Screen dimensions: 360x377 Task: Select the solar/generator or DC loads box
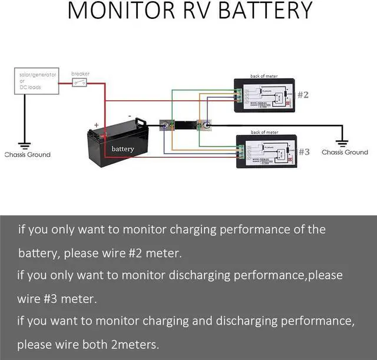(36, 81)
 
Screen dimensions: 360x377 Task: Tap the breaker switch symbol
(80, 83)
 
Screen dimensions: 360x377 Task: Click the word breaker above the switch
(80, 74)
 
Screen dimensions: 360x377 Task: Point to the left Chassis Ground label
(27, 155)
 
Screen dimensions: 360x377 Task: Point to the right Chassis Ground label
(345, 152)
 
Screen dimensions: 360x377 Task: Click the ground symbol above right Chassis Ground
(342, 141)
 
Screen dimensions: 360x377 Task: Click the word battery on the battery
(123, 149)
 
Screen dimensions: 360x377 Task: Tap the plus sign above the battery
(96, 125)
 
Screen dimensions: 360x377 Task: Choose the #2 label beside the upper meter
(303, 94)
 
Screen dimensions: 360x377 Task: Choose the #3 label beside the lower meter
(303, 152)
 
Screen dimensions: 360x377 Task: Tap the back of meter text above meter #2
(264, 76)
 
